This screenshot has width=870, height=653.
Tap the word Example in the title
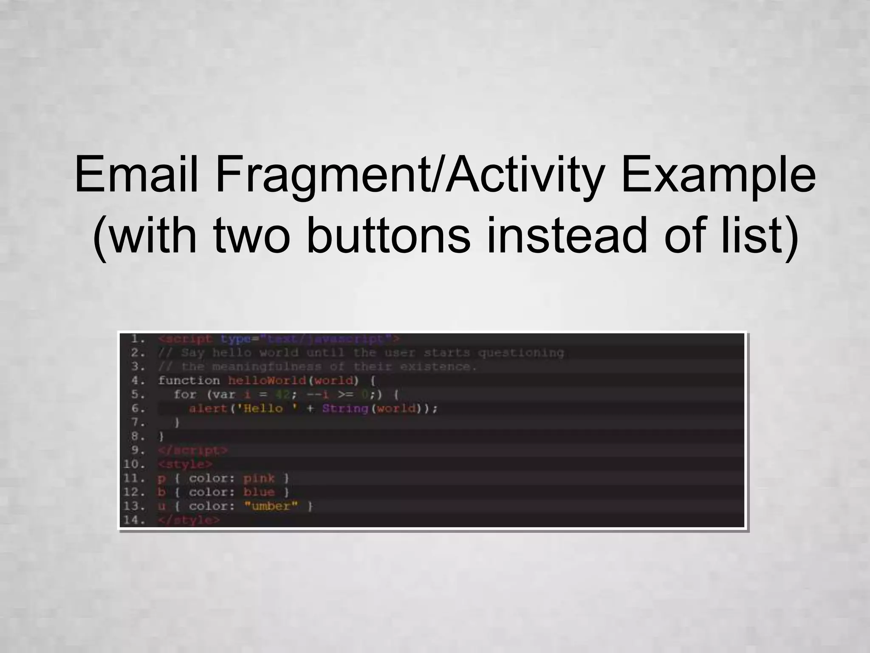click(x=718, y=175)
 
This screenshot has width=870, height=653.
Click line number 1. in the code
click(x=138, y=339)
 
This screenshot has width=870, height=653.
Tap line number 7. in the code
click(x=138, y=422)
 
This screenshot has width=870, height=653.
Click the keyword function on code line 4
click(x=189, y=380)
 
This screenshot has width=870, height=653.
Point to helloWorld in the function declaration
click(x=267, y=380)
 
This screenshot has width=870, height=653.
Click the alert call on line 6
click(x=208, y=409)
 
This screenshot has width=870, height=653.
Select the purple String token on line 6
click(x=345, y=409)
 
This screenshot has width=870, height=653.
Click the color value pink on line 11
click(x=259, y=478)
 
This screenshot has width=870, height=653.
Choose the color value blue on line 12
click(x=259, y=492)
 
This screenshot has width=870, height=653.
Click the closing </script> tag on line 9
click(x=192, y=450)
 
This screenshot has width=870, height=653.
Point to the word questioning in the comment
click(x=521, y=353)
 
